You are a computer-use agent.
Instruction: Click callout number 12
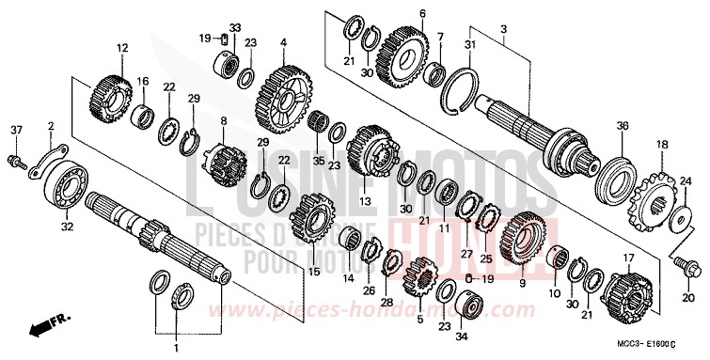tap(121, 47)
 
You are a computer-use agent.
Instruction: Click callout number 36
tap(622, 125)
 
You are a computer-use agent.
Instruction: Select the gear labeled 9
tap(524, 239)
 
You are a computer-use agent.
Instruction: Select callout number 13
tap(364, 200)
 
